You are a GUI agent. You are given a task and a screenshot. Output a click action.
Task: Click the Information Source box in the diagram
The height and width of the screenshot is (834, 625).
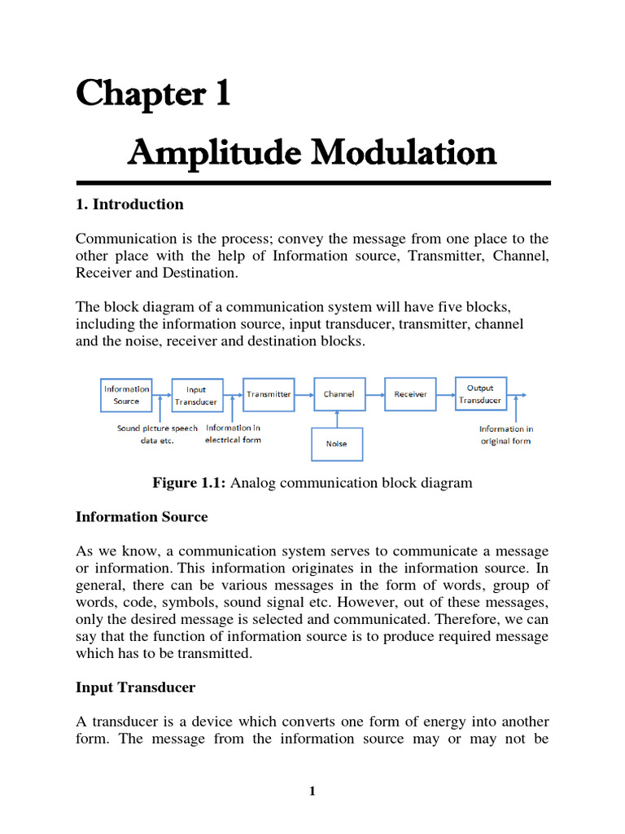[x=126, y=394]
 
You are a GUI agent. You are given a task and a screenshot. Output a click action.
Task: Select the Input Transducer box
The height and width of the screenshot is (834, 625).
[x=196, y=395]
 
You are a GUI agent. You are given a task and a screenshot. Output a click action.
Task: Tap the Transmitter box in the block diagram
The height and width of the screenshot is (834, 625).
[x=269, y=394]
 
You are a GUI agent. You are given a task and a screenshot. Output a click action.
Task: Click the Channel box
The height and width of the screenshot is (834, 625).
[x=339, y=394]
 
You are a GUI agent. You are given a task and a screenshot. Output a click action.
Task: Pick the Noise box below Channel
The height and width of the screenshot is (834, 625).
[x=336, y=444]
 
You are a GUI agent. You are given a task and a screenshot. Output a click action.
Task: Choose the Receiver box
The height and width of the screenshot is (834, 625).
[x=410, y=394]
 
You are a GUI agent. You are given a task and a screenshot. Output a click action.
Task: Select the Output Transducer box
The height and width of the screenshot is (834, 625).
[x=480, y=394]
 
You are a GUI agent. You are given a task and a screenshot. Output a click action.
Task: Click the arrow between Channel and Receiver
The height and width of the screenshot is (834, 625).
[x=374, y=394]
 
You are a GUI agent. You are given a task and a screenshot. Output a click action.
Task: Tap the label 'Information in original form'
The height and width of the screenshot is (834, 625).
[x=505, y=435]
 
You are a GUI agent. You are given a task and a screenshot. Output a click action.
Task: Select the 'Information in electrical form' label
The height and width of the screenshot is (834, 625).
[x=234, y=433]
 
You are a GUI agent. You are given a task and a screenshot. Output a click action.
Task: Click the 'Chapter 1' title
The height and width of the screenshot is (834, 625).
[x=153, y=95]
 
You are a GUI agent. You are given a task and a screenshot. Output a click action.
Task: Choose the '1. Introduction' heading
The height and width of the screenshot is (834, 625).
[x=129, y=204]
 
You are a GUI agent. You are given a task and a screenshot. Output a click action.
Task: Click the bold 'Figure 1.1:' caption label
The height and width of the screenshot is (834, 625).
[x=190, y=483]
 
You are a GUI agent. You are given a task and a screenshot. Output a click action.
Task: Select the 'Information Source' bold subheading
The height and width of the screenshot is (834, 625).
[x=142, y=517]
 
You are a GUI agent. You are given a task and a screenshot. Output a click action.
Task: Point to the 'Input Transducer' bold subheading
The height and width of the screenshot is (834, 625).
[x=135, y=687]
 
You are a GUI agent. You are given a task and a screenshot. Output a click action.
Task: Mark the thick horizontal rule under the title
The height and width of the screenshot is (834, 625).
[x=312, y=183]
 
